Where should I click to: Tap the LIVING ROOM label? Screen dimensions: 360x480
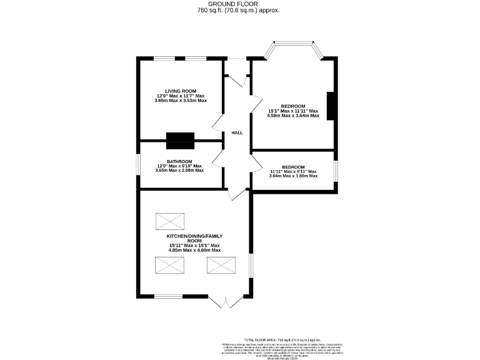pos(180,90)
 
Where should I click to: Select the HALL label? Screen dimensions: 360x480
pos(237,133)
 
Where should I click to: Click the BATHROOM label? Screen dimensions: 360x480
pos(179,161)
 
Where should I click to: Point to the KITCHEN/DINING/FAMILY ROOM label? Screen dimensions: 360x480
pos(194,238)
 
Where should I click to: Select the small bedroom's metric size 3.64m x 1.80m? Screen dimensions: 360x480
pos(292,176)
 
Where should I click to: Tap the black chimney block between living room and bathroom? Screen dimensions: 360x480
pos(180,141)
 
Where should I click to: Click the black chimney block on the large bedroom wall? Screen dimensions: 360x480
pos(332,106)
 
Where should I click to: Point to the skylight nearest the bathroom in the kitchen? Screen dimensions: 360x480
pos(169,221)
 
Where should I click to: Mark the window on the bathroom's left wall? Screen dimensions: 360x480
pos(139,166)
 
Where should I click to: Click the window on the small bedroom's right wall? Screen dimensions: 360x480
pos(336,170)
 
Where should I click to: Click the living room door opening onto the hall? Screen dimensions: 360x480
pos(218,123)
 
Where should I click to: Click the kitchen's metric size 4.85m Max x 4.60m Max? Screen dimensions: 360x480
pos(194,251)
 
